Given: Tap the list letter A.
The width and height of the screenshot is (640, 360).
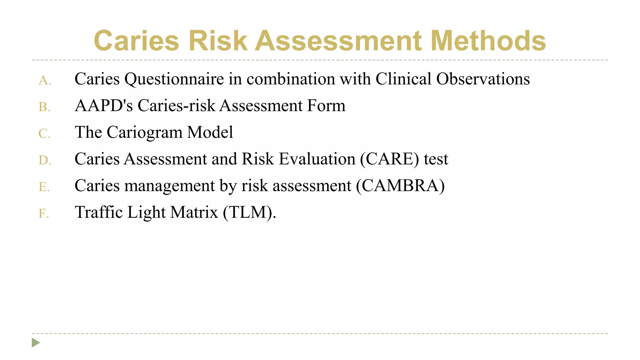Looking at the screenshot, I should click(x=44, y=81).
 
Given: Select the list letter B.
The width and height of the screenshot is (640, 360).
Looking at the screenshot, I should click(x=44, y=107).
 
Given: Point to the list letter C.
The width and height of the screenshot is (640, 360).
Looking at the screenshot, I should click(x=44, y=134).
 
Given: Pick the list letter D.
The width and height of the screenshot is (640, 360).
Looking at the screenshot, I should click(x=45, y=160).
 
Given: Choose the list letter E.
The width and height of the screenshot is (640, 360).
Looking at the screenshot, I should click(x=44, y=187).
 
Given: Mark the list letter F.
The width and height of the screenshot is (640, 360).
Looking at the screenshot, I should click(x=44, y=214).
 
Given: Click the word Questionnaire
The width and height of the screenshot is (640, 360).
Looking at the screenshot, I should click(x=174, y=79).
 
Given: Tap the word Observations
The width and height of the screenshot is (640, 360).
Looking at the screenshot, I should click(x=483, y=79).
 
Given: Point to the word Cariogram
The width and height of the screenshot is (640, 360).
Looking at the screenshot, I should click(x=144, y=132).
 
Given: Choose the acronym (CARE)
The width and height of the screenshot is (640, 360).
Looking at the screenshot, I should click(x=389, y=159).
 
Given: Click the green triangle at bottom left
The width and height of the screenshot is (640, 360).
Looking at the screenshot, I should click(x=36, y=343).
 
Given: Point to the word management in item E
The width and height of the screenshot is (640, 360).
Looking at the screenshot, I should click(x=169, y=186).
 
